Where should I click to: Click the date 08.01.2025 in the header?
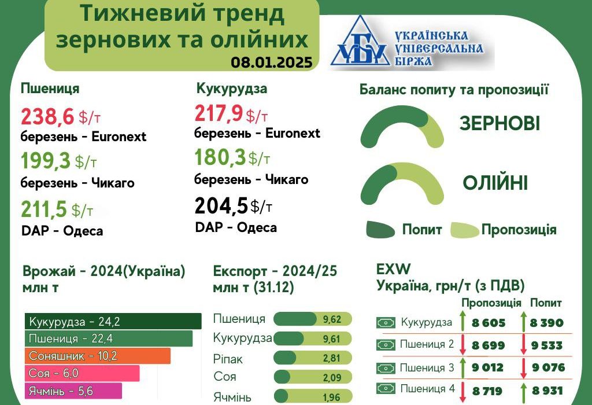[272, 62]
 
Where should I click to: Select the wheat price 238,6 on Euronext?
[47, 116]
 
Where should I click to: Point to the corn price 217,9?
[219, 113]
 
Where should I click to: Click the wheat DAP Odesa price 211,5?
[44, 209]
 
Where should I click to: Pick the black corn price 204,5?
[221, 206]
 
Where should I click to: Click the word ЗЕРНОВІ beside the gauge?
[499, 124]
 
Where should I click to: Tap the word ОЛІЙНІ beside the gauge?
[495, 183]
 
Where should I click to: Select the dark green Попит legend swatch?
[380, 229]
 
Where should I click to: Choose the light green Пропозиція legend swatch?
[465, 230]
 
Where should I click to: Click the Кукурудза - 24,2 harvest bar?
[113, 322]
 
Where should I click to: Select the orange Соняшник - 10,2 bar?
[98, 356]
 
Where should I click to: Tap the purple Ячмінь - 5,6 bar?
[73, 391]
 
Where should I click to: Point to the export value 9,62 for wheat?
[332, 319]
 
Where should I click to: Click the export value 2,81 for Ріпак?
[331, 358]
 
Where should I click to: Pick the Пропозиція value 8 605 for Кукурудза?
[488, 323]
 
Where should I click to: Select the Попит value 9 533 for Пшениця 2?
[547, 345]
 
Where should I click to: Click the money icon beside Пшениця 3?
[386, 367]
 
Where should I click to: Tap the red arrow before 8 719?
[462, 392]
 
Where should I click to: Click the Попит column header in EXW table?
[546, 303]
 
